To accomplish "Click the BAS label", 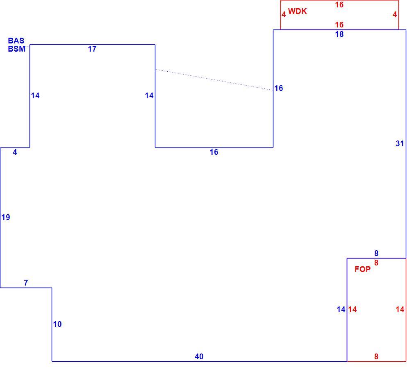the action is coord(16,41).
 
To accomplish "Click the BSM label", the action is coord(17,49).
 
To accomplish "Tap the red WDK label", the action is coord(297,11).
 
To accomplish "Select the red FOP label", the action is coord(362,269).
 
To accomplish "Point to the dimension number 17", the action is coord(92,49).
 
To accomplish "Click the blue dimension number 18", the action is coord(339,34).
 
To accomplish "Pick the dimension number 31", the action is coord(400,144).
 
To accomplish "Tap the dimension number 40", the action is coord(199,356).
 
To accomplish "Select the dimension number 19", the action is coord(6,217).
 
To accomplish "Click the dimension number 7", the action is coord(25,283).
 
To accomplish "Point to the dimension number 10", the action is coord(57,324).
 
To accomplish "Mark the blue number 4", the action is coord(15,152).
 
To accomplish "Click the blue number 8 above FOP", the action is coord(376,254).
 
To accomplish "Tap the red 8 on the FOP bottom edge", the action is coord(376,356).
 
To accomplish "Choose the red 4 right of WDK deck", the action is coord(395,14).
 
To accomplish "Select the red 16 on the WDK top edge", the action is coord(339,5).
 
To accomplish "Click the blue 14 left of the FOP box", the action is coord(341,309).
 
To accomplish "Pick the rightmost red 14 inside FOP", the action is coord(400,309).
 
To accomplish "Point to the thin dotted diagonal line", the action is coord(214,80).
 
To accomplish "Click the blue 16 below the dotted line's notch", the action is coord(214,152).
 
